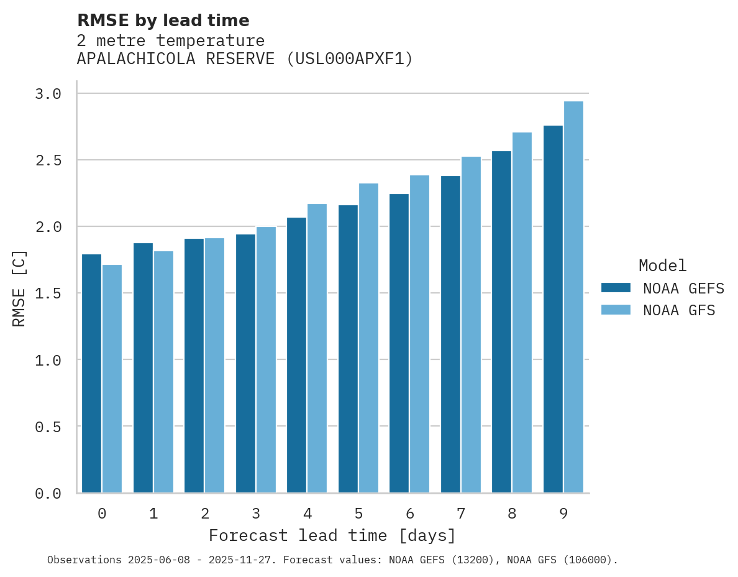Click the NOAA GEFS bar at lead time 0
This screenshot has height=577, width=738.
tap(91, 373)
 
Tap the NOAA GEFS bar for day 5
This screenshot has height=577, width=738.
tap(348, 349)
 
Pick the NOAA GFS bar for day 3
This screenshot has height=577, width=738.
tap(266, 360)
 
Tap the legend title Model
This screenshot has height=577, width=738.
tap(662, 266)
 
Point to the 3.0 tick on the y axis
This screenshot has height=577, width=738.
tap(48, 94)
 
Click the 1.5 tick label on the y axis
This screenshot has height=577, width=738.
tap(48, 293)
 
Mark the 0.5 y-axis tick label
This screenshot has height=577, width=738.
tap(48, 427)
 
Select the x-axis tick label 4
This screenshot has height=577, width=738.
tap(307, 514)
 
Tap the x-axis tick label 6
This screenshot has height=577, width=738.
tap(409, 514)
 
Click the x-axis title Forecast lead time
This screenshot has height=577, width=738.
tap(332, 536)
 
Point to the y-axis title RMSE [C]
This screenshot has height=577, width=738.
tap(20, 288)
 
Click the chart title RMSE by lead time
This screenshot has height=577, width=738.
tap(163, 21)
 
